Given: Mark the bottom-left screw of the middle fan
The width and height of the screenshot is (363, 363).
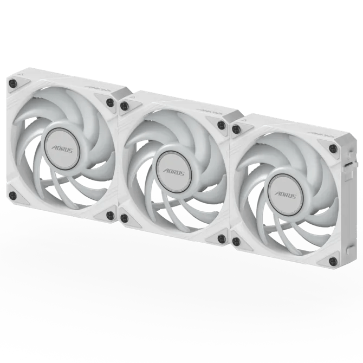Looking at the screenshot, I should tap(125, 218).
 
